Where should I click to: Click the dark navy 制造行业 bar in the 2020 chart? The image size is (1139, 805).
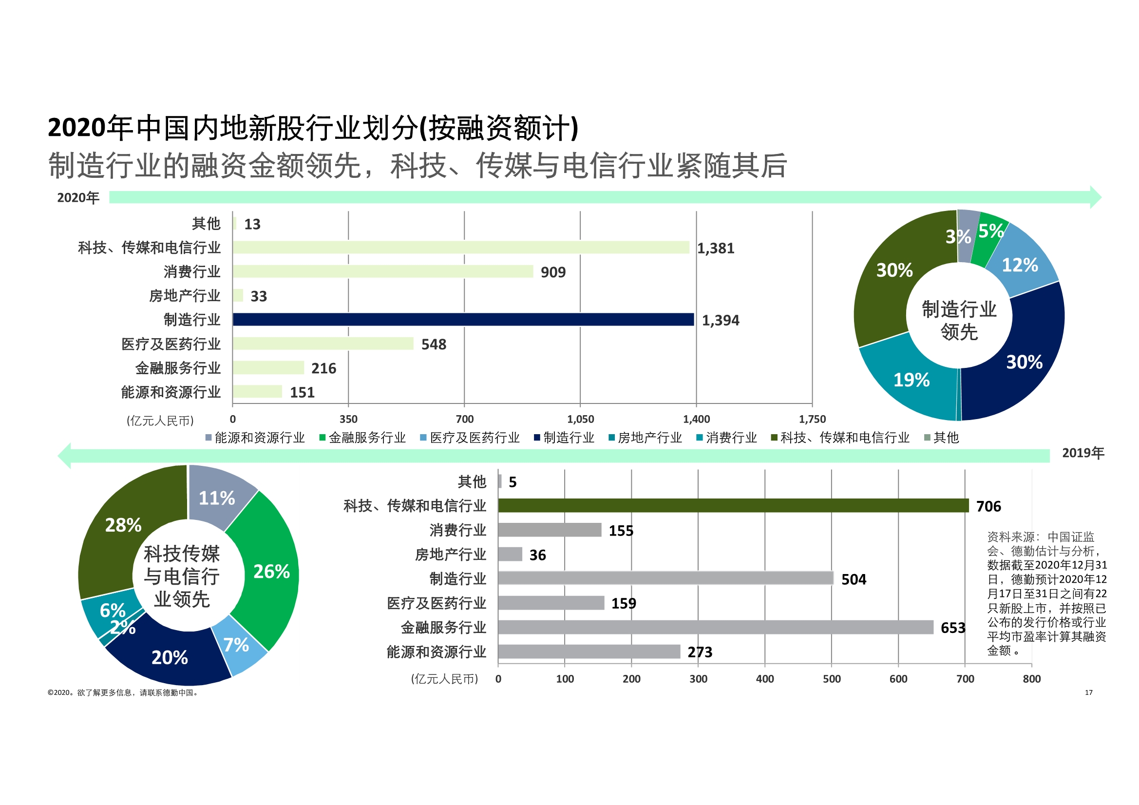(463, 320)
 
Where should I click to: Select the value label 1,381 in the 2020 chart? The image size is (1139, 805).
(715, 248)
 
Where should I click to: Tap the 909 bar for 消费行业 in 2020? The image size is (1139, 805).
(382, 271)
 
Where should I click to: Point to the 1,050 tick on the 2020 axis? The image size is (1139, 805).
(580, 420)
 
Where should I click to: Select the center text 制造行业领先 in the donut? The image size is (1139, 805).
(959, 320)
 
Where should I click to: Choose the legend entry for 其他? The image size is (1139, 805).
(946, 438)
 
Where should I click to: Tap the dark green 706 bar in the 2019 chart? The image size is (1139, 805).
(733, 506)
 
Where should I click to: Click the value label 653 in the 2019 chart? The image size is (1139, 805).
(952, 628)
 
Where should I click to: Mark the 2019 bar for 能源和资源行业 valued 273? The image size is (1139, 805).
(588, 652)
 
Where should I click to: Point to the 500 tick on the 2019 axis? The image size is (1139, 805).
(832, 679)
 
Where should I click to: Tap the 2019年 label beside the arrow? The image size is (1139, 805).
(1082, 453)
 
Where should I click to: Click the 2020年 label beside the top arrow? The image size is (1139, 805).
(78, 198)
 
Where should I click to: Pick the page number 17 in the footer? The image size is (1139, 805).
(1088, 692)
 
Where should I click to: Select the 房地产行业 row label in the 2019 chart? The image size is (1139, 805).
(450, 555)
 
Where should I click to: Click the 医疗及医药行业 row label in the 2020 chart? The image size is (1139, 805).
(171, 344)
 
